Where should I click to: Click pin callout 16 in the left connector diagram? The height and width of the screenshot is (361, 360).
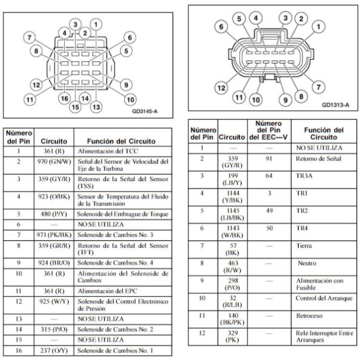point(64,98)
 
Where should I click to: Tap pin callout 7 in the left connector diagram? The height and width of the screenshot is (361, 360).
point(29,38)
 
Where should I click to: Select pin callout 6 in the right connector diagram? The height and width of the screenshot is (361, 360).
point(221,27)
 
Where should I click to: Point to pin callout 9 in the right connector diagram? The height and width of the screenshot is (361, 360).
point(285,100)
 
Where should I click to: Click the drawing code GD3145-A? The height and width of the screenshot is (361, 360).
point(145,111)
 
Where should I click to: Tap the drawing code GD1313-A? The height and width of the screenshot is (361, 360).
point(335,105)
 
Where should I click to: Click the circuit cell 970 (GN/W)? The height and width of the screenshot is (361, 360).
point(54,162)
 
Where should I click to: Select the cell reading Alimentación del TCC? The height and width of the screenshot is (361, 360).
point(108,151)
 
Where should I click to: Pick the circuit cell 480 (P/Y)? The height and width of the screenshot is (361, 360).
point(54,214)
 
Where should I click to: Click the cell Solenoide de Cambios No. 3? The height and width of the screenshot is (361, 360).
point(115,235)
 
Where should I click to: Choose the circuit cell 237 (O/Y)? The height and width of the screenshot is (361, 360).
point(54,351)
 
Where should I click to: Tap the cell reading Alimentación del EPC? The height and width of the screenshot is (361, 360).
point(107,291)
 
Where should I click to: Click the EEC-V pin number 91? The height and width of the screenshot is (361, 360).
point(269,159)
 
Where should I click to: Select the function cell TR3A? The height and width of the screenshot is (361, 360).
point(304,176)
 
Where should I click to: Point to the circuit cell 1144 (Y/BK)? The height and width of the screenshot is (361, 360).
point(232,197)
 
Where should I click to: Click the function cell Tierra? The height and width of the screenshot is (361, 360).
point(304,246)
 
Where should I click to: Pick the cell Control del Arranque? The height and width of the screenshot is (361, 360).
point(324,299)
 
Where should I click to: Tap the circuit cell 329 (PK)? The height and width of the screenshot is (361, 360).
point(232,336)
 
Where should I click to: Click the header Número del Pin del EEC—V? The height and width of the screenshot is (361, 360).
point(268,130)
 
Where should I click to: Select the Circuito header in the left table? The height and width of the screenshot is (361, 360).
point(54,141)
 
